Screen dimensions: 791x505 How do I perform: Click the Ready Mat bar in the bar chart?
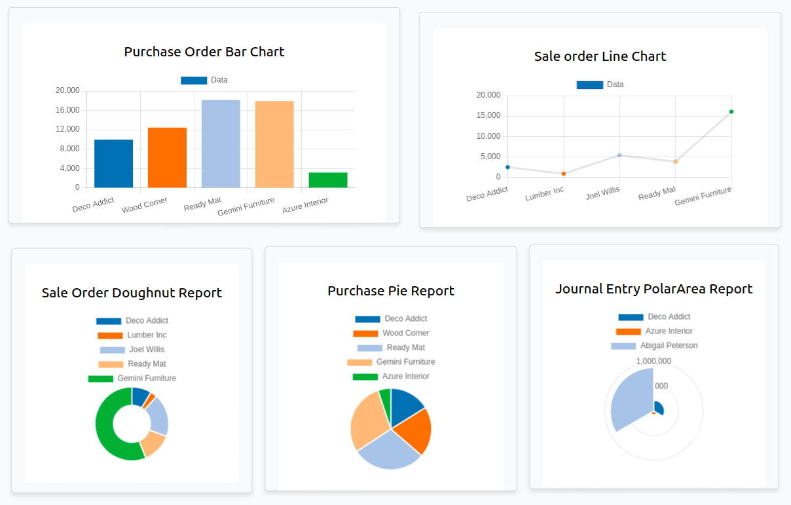click(221, 143)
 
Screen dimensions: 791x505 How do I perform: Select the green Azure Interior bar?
click(328, 180)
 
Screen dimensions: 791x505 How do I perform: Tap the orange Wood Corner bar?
click(167, 157)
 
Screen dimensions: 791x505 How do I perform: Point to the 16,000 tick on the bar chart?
click(67, 110)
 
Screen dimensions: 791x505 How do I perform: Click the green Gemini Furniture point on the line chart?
click(731, 111)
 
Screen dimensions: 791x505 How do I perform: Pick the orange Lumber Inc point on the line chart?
click(564, 174)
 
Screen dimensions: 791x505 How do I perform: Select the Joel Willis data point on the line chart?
click(619, 155)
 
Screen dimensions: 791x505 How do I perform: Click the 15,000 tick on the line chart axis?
click(488, 115)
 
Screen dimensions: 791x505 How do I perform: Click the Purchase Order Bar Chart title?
click(204, 52)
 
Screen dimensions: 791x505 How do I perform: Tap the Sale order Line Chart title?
click(600, 56)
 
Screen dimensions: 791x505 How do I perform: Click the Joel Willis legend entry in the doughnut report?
click(132, 350)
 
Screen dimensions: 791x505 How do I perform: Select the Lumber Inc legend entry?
click(132, 335)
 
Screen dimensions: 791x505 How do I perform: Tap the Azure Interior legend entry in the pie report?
click(391, 377)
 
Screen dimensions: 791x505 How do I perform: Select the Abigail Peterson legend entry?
click(654, 346)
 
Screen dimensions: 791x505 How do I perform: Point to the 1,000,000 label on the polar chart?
click(653, 362)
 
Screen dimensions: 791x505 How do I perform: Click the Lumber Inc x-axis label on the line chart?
click(544, 193)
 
